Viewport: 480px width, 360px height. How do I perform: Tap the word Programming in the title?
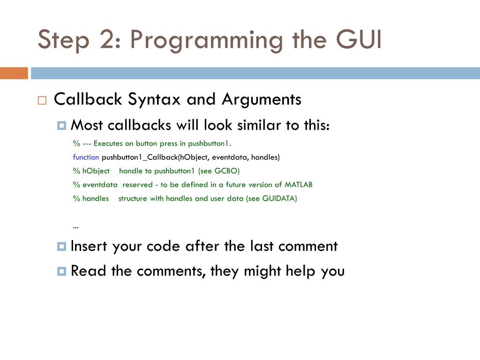[x=207, y=40]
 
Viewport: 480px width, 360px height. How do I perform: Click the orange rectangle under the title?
[x=14, y=73]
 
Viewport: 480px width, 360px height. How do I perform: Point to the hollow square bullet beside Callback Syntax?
[x=42, y=100]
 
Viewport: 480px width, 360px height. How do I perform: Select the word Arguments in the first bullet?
[x=261, y=99]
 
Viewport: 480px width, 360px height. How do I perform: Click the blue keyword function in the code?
[x=86, y=157]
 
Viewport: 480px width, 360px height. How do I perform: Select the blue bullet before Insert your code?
[x=61, y=247]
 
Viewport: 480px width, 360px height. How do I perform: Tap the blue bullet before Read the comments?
[x=61, y=271]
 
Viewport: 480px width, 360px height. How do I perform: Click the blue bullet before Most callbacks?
[x=61, y=126]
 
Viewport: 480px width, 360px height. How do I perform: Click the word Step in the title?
[x=63, y=40]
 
